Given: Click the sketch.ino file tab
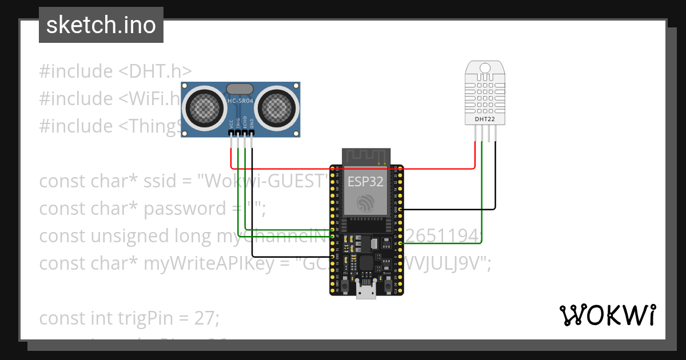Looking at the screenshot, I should point(101,25).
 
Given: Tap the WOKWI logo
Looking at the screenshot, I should point(607,315).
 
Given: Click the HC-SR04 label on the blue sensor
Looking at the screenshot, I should point(240,101).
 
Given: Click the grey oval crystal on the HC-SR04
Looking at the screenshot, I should point(240,88).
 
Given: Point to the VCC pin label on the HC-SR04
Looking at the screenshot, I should point(231,124).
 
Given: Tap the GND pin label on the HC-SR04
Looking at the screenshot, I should point(252,124).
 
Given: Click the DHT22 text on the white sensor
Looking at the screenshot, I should point(485,119).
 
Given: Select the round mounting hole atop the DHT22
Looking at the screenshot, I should point(485,67).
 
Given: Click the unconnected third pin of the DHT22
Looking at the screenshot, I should point(489,133).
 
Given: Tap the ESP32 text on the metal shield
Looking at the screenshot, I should point(366,182).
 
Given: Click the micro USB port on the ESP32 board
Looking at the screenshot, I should point(366,291).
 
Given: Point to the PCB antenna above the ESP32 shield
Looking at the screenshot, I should point(366,155).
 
